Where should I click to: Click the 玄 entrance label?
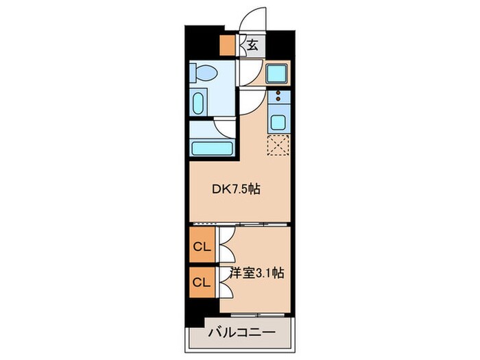pyautogui.click(x=253, y=46)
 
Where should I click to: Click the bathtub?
pyautogui.click(x=213, y=147)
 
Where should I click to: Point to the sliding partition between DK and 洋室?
pyautogui.click(x=240, y=224)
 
